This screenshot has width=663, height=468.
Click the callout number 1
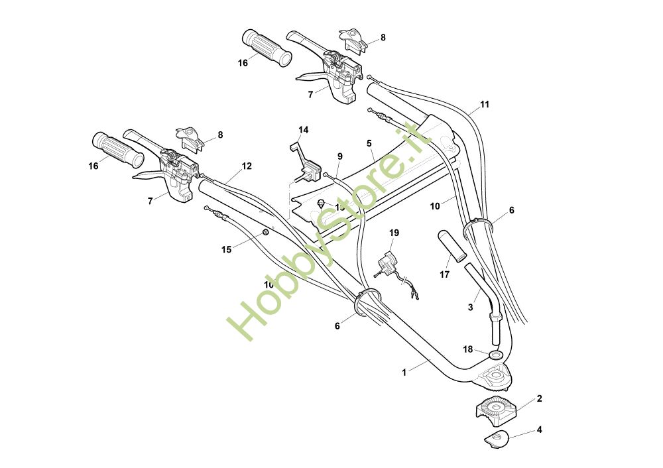404,373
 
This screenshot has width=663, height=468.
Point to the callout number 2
539,398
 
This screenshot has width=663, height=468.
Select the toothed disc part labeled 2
497,406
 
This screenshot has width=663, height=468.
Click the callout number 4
539,430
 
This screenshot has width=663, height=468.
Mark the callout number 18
468,349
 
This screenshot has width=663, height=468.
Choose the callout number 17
444,274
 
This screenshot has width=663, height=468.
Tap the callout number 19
394,233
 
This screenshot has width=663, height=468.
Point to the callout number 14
303,130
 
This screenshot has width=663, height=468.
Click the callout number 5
369,143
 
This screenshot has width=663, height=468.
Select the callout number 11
485,105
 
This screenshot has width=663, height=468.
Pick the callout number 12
247,166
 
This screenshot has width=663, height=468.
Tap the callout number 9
339,156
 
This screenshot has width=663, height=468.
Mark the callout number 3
471,307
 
